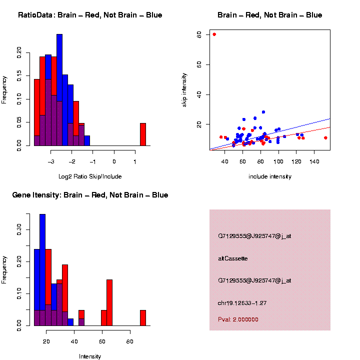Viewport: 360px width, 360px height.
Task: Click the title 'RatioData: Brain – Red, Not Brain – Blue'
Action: [x=90, y=15]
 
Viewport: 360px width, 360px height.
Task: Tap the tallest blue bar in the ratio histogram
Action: [x=59, y=90]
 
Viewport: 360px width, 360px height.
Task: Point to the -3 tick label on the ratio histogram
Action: [x=50, y=161]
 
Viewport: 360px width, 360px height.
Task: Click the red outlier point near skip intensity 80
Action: [x=214, y=34]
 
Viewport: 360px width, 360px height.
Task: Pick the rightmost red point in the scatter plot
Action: [x=325, y=137]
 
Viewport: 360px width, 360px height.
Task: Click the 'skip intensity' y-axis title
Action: [x=184, y=89]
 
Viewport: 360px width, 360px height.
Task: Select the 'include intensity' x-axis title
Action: [x=270, y=176]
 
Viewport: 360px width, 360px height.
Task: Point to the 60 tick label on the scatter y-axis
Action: [x=199, y=64]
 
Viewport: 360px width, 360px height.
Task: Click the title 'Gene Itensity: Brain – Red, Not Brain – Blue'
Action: [x=90, y=195]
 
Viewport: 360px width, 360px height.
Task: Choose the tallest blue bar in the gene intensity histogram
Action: [x=42, y=270]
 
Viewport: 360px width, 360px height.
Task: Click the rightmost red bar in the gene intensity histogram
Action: [x=142, y=318]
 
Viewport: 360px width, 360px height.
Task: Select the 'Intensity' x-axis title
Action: [x=90, y=356]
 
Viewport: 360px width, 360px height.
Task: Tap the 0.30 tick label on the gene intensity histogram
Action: [x=18, y=230]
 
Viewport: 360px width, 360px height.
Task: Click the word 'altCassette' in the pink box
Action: [x=233, y=258]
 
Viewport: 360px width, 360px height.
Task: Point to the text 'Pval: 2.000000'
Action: [x=238, y=319]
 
